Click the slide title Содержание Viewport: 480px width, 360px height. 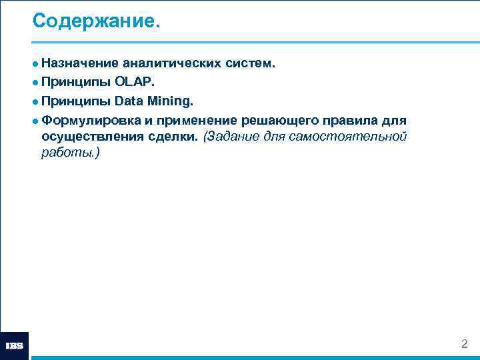tap(97, 21)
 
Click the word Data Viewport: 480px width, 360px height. tap(129, 102)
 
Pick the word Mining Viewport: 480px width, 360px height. tap(170, 102)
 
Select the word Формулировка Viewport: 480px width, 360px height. tap(90, 121)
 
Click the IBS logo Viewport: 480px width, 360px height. tap(15, 345)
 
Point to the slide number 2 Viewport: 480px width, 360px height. tap(465, 344)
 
